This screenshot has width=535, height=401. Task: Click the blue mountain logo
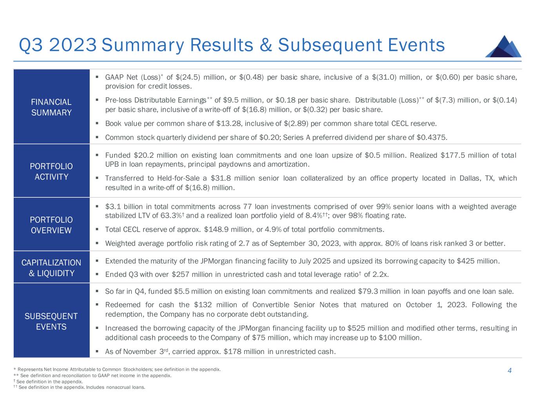[x=503, y=47]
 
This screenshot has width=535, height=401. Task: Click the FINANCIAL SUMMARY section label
[x=51, y=107]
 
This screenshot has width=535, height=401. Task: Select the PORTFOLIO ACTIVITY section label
[x=51, y=172]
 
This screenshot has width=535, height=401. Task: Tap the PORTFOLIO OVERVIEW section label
[x=51, y=225]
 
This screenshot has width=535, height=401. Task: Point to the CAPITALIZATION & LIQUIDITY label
[x=51, y=268]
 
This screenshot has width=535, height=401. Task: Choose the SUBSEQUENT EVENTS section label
[x=51, y=322]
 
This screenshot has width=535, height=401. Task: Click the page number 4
[x=510, y=370]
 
